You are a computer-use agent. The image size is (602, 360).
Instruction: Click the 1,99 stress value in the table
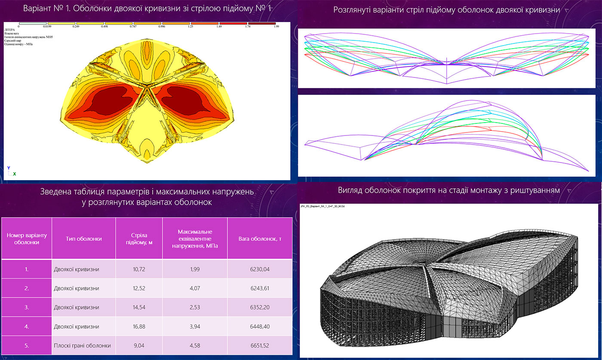[195, 269]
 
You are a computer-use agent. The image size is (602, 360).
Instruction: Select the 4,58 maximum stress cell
[195, 345]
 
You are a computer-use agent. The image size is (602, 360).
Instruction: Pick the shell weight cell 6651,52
[260, 345]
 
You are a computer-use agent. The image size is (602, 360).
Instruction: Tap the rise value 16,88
[139, 326]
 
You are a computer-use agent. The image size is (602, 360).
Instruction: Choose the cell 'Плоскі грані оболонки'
[83, 345]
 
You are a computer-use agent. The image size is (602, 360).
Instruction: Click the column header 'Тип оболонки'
[83, 238]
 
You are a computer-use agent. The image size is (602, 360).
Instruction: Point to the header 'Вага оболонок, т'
[260, 238]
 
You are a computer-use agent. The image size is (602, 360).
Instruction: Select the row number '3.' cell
[27, 308]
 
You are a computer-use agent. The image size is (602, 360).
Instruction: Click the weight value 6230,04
[260, 269]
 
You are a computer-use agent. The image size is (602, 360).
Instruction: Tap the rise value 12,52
[139, 288]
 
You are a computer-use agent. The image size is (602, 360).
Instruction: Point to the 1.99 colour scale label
[276, 26]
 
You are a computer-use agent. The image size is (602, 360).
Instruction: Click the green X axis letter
[15, 174]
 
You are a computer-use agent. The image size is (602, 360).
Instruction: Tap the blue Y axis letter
[8, 167]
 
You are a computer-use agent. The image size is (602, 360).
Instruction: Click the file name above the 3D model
[323, 206]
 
